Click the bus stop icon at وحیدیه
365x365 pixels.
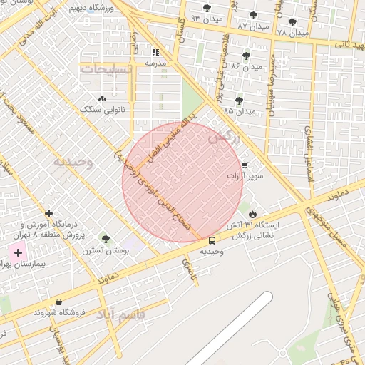212,240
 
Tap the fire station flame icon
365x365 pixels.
252,214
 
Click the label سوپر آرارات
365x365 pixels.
245,175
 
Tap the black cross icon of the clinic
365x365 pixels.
48,213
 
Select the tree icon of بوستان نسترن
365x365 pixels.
106,239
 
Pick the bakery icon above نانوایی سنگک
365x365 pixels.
102,98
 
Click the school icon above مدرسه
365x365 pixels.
155,52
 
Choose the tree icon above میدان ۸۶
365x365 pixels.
246,56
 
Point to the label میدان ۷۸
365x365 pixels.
292,33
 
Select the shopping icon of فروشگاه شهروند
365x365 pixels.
58,302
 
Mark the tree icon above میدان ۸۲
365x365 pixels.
253,15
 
